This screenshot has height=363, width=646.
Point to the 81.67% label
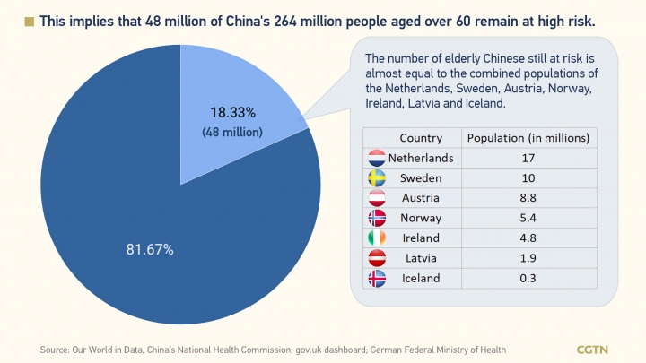(x=151, y=248)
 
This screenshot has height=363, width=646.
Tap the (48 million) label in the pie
(x=231, y=132)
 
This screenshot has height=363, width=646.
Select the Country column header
(x=421, y=138)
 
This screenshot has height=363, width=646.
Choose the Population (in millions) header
(x=529, y=138)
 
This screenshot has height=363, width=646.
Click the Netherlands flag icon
(x=377, y=158)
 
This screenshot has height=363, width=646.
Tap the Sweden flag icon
(x=377, y=177)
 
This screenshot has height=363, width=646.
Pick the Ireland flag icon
(x=377, y=238)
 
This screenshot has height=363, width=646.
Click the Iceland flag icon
(x=377, y=278)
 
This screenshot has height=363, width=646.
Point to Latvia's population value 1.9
(x=529, y=258)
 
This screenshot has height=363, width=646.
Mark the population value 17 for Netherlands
(x=529, y=158)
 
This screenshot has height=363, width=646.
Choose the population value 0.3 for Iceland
(x=529, y=278)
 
